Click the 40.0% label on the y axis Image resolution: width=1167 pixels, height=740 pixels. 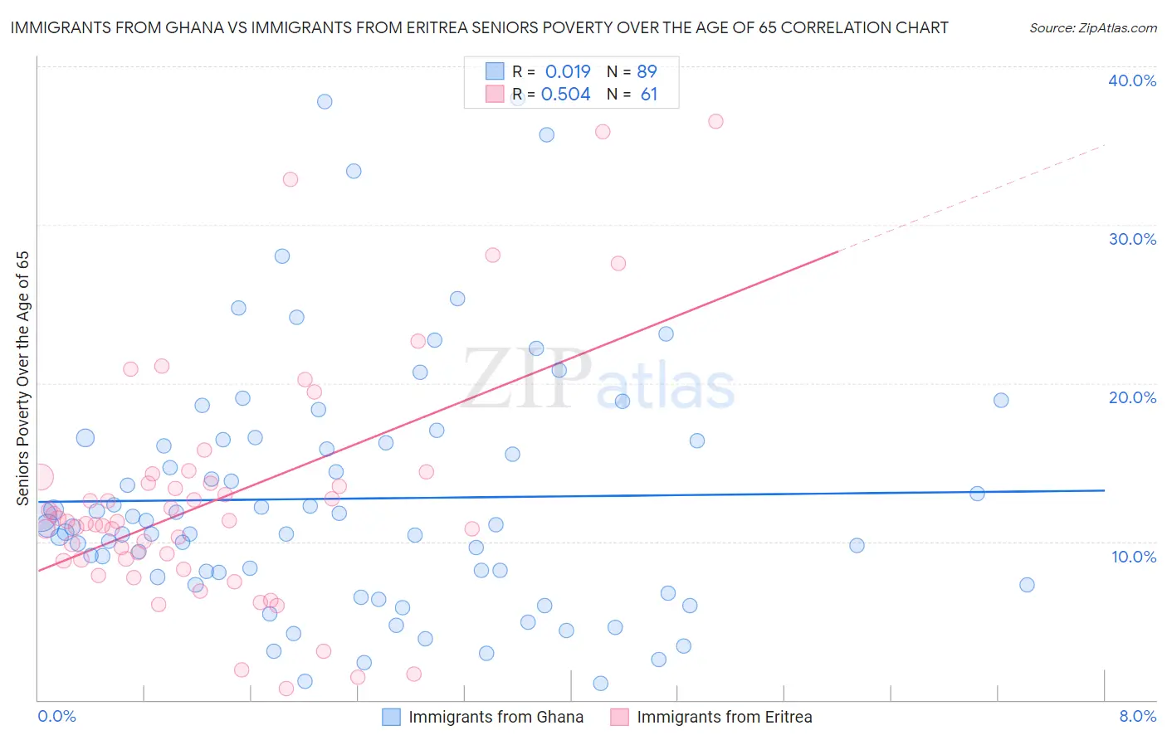(1131, 80)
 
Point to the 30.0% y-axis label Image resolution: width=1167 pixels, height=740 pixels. (1131, 239)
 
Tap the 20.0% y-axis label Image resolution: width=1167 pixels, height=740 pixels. (1131, 397)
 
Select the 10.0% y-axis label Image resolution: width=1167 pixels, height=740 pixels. (1133, 557)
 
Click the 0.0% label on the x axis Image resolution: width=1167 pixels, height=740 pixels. (56, 716)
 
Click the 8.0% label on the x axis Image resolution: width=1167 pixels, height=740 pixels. (1137, 716)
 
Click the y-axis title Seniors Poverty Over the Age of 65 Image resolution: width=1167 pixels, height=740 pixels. (22, 378)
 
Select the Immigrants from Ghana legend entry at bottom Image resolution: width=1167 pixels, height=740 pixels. (496, 717)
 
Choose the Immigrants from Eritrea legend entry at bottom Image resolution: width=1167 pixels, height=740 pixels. (724, 717)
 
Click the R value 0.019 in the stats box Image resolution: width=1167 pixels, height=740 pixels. (567, 71)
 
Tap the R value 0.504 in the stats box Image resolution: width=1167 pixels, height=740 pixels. (565, 95)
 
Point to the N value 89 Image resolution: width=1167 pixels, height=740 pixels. (647, 71)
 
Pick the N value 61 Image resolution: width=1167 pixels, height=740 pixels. (648, 95)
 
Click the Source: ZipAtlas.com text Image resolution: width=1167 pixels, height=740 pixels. (1092, 28)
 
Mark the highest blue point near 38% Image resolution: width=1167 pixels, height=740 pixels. (325, 101)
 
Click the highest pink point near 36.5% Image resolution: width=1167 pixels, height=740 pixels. (715, 121)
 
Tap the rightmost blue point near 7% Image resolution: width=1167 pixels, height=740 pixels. (1027, 585)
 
